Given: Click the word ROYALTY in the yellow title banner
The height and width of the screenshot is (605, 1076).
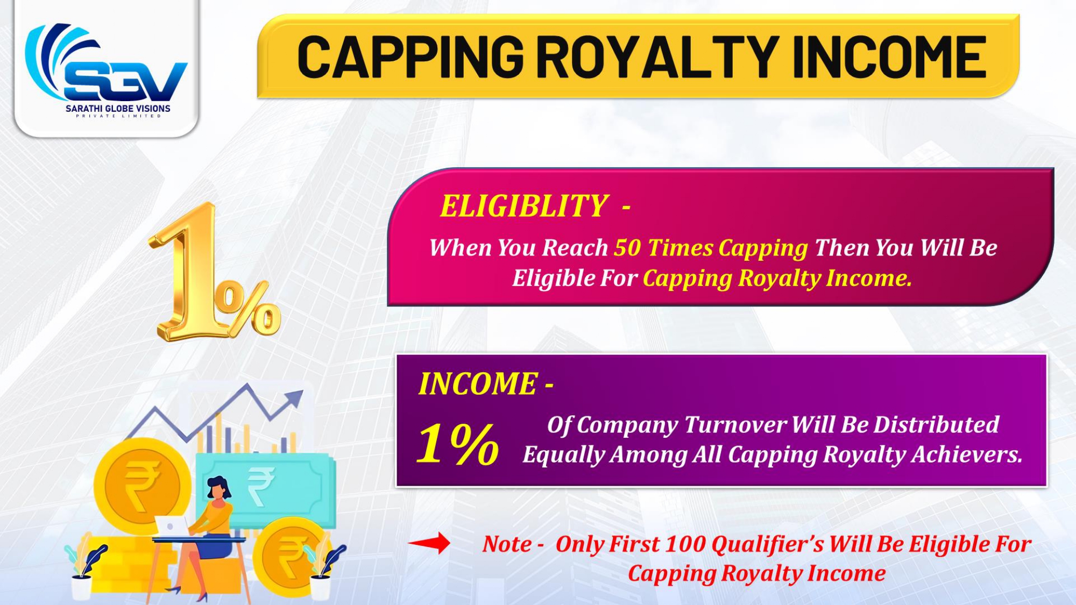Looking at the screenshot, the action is pos(657,56).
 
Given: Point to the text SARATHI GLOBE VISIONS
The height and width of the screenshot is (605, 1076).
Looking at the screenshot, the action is pos(118,108).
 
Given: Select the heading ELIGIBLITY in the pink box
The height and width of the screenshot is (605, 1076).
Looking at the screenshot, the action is pos(524,206).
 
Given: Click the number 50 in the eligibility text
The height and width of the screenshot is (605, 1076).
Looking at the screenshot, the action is pos(628,248).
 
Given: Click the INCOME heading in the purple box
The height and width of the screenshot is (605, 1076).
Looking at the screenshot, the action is pos(478,384).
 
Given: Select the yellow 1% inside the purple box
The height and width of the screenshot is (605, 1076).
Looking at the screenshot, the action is pos(458,444).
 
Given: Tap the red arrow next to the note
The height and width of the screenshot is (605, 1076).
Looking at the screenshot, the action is pos(429,543).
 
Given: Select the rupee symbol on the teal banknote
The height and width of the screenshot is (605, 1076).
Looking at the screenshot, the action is pos(261,486).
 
